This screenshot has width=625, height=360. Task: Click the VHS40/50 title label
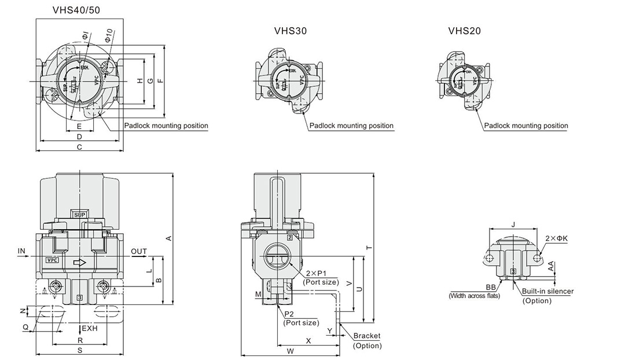[x=76, y=9]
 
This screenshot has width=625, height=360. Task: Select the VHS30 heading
[x=290, y=31]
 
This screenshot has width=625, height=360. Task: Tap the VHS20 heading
[x=464, y=31]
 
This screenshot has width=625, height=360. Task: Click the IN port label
[x=22, y=251]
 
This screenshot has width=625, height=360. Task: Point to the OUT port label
[x=139, y=251]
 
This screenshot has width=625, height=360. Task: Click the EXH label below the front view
[x=91, y=328]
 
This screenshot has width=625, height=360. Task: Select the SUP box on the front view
[x=79, y=215]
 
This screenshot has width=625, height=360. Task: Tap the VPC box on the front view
[x=53, y=260]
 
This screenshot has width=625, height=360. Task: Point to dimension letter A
[x=169, y=238]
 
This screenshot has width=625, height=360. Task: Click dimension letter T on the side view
[x=369, y=248]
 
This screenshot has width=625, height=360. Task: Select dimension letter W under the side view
[x=290, y=351]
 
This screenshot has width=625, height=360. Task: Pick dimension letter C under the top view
[x=79, y=147]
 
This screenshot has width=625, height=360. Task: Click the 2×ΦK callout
[x=557, y=238]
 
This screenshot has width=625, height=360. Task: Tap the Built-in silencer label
[x=547, y=291]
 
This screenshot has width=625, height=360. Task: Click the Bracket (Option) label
[x=367, y=340]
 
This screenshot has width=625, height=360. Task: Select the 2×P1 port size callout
[x=321, y=277]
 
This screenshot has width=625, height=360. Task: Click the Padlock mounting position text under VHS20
[x=526, y=126]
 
